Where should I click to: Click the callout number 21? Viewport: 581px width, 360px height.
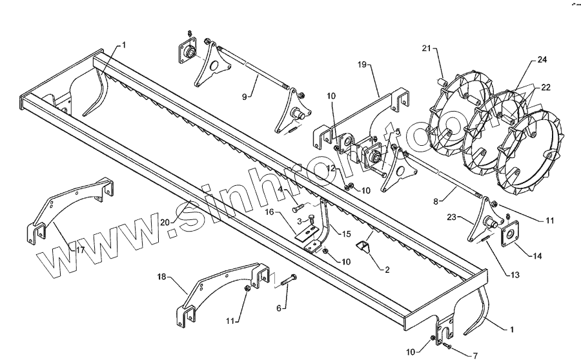click(426, 48)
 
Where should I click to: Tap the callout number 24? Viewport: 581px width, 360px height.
click(542, 60)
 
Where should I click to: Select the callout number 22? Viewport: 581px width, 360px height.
click(545, 87)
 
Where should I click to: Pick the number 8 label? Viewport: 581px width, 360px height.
click(436, 201)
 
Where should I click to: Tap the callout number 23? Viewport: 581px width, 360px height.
click(453, 217)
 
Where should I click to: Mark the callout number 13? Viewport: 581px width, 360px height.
click(515, 275)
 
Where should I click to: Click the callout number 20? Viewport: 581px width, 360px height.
click(165, 222)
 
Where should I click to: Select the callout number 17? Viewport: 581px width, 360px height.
click(81, 249)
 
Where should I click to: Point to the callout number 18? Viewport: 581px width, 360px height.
click(162, 276)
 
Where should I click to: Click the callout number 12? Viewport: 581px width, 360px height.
click(329, 168)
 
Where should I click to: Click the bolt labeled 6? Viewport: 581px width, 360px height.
click(287, 280)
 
